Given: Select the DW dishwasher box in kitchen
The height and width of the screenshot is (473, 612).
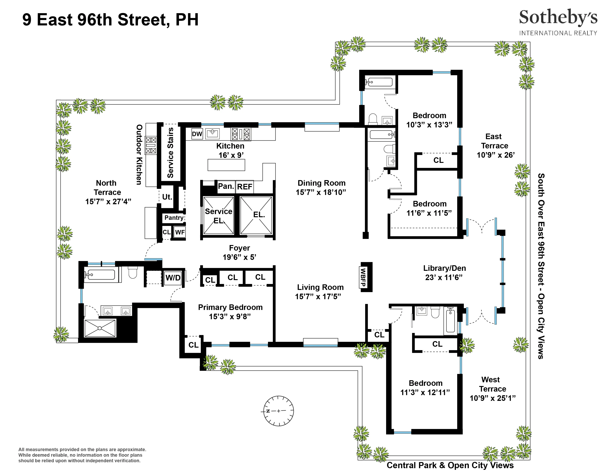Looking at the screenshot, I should click(x=197, y=134).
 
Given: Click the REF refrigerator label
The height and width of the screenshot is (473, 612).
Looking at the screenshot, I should click(x=245, y=187).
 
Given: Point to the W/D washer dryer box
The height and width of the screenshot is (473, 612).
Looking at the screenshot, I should click(x=173, y=278).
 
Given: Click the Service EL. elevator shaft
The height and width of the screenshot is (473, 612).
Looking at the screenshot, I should click(x=219, y=215).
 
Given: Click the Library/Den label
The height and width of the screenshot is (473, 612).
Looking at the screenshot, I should click(x=444, y=268).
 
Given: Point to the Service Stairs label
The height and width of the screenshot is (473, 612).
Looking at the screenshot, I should click(x=170, y=153).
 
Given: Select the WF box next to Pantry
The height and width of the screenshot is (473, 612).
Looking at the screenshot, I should click(x=180, y=232).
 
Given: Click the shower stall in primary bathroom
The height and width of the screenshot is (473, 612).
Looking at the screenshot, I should click(x=100, y=328).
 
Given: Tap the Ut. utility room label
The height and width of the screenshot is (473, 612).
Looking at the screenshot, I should click(x=167, y=197).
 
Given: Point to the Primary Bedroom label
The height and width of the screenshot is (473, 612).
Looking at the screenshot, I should click(x=230, y=307).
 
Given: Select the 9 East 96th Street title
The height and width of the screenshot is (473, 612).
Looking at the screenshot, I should click(x=110, y=20).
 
